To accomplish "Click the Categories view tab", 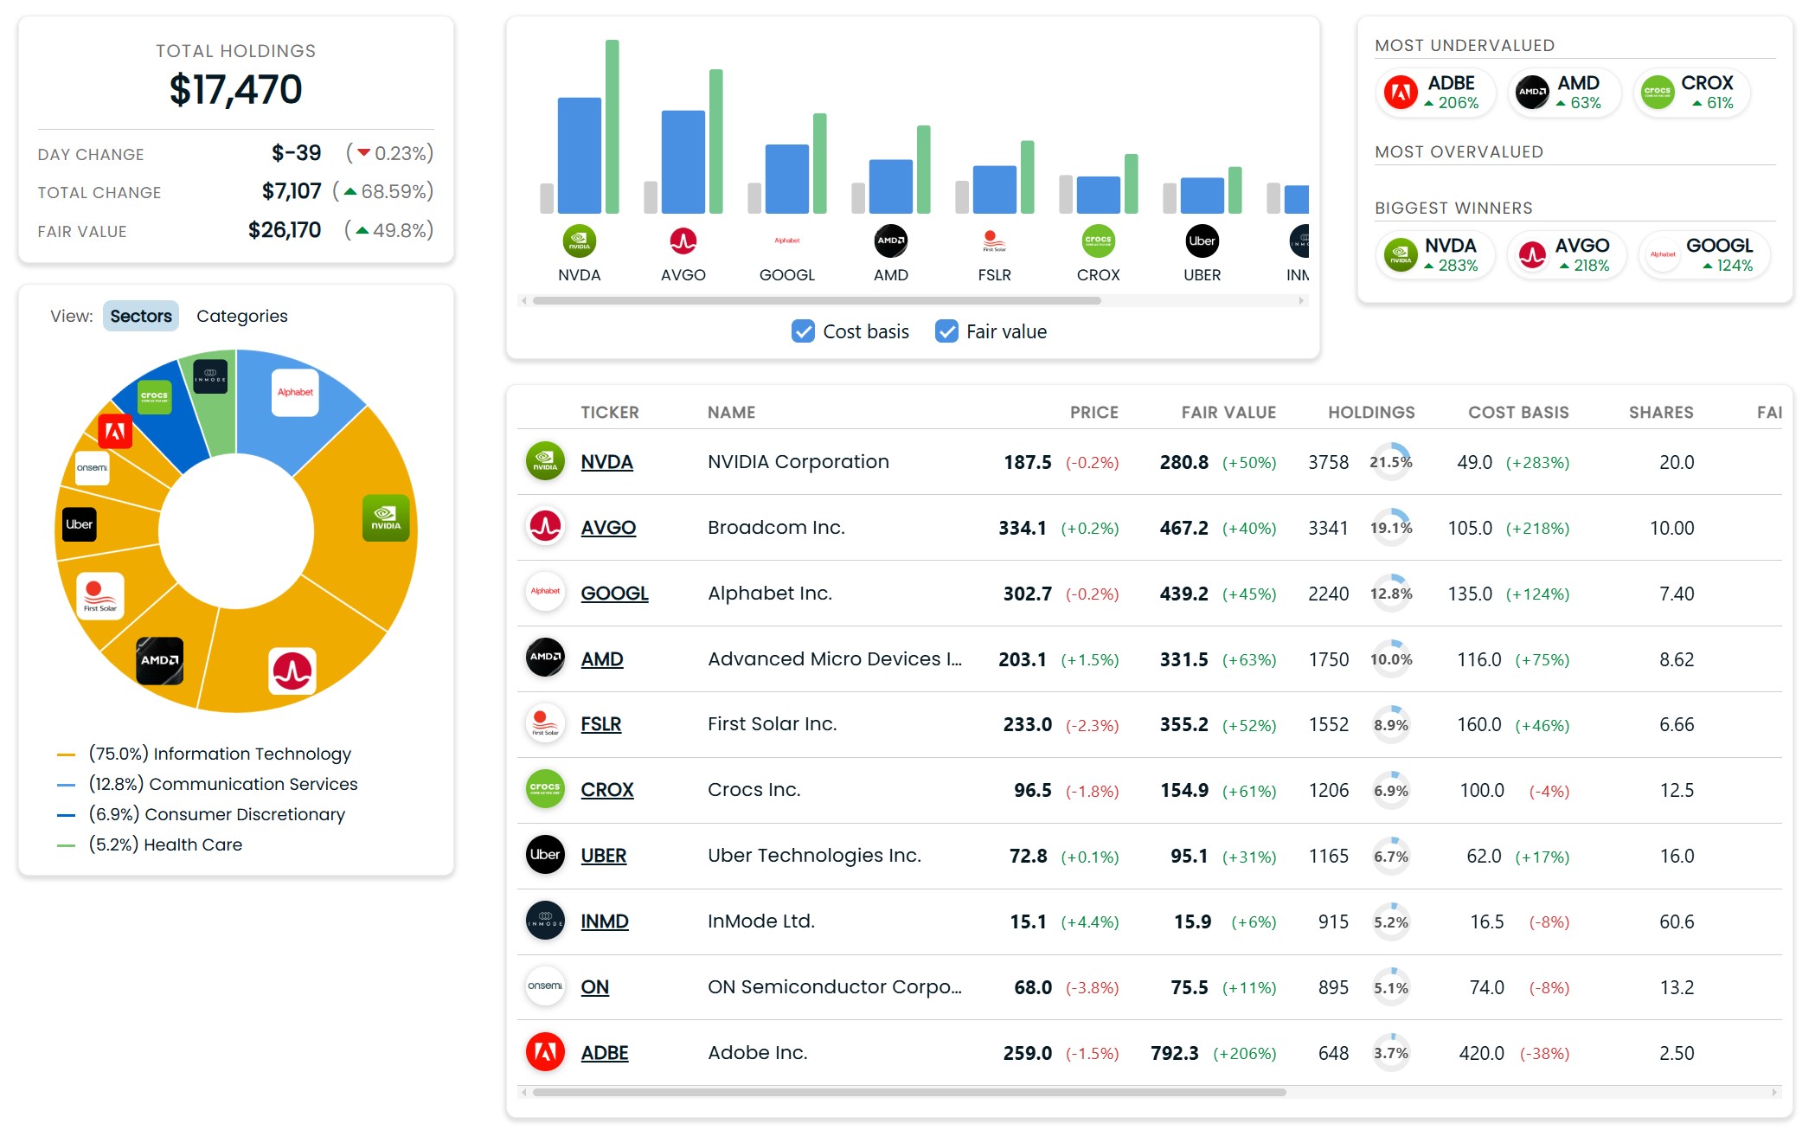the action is [x=241, y=316].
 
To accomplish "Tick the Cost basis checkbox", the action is [x=803, y=331].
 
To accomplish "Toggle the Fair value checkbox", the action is [x=946, y=331].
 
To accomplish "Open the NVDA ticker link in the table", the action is [x=606, y=462].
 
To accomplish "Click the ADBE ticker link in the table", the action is [x=605, y=1053].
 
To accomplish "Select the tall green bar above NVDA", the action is [x=612, y=126].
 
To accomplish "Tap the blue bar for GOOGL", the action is [x=787, y=178].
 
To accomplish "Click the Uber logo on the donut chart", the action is [x=80, y=524].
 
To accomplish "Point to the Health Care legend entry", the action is [x=165, y=844].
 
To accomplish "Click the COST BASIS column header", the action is [x=1518, y=413].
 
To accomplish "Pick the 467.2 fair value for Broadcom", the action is [x=1183, y=528].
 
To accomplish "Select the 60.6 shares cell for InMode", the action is [x=1677, y=921].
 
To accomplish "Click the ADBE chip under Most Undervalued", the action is [x=1433, y=92].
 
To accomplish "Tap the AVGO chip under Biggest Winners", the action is [x=1567, y=254].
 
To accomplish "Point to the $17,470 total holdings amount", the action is [x=236, y=90].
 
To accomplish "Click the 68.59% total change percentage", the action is [x=396, y=191].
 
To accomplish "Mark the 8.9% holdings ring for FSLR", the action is [x=1391, y=725].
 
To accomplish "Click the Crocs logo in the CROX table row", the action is [x=545, y=789].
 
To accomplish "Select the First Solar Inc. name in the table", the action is [x=772, y=724].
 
